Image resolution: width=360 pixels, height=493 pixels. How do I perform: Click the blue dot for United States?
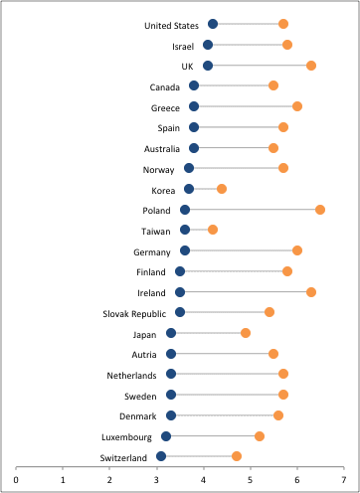coord(213,24)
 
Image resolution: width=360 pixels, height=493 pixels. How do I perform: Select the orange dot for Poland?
coord(320,210)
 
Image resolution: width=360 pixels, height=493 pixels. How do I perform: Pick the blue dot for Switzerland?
coord(161,456)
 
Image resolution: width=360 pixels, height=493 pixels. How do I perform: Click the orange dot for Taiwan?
coord(213,230)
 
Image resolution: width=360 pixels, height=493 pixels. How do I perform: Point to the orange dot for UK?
coord(311,66)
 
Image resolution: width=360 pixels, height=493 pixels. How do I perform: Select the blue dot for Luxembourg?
coord(166,436)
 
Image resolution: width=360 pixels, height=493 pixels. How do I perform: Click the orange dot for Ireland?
coord(311,292)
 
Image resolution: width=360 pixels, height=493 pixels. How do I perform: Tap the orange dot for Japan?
coord(246,333)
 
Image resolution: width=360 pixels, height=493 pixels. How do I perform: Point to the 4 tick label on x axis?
coord(203,480)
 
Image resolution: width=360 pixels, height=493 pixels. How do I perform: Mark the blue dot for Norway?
coord(189,168)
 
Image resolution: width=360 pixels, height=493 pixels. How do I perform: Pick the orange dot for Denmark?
coord(278,415)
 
